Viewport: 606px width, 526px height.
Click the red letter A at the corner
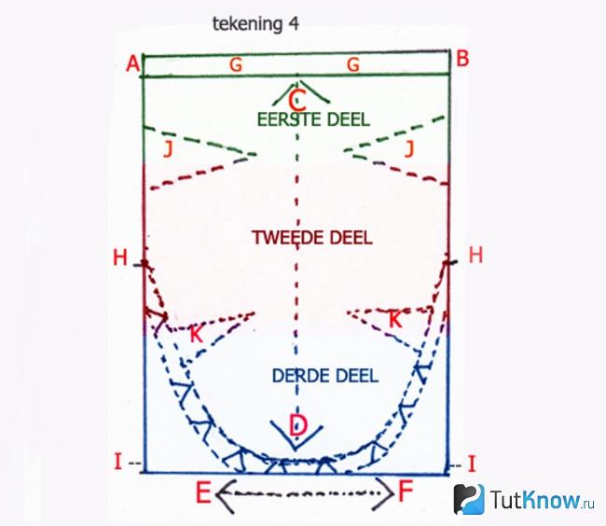[x=132, y=63]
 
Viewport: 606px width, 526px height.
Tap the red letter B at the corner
[x=462, y=59]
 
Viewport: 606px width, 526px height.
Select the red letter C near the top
[x=296, y=102]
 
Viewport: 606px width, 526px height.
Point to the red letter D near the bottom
[x=298, y=425]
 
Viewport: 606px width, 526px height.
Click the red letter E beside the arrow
[x=203, y=492]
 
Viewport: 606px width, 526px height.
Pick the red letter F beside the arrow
[x=406, y=491]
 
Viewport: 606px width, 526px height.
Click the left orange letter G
[x=236, y=64]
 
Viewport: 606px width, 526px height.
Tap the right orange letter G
[x=353, y=64]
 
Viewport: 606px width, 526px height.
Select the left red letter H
[x=120, y=257]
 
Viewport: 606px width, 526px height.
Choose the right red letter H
[x=475, y=256]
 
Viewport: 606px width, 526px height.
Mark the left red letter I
[x=118, y=462]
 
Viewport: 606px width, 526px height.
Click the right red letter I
[x=471, y=464]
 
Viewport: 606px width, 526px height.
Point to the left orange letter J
[x=167, y=149]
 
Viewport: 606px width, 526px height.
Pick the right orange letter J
[x=409, y=149]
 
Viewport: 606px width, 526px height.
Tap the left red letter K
[x=197, y=335]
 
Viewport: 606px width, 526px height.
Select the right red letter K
[x=395, y=320]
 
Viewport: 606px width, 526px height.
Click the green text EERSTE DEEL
[x=313, y=119]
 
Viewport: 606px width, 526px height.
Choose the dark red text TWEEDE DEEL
[x=312, y=237]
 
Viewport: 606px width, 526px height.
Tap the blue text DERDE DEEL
[x=325, y=376]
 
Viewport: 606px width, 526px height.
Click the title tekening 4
[x=255, y=24]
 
